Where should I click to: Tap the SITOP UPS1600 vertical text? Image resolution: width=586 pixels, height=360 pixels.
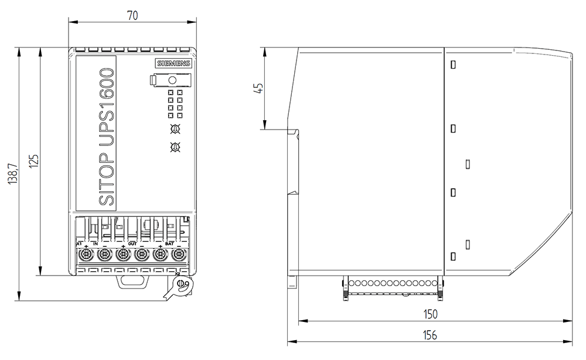107,137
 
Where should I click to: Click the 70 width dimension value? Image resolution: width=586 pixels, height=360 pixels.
132,16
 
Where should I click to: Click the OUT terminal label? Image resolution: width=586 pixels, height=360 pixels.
132,243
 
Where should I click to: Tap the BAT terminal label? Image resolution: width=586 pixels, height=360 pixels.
169,243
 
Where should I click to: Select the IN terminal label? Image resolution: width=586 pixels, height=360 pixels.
96,243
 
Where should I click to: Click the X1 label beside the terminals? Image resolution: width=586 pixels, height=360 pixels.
80,243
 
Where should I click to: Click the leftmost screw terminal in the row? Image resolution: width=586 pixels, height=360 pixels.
86,254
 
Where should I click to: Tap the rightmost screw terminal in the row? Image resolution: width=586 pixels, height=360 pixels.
179,254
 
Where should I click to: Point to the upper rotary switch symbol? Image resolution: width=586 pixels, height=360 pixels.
174,129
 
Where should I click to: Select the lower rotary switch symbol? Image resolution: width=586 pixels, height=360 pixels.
174,147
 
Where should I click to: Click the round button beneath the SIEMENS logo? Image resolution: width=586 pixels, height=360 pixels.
173,80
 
